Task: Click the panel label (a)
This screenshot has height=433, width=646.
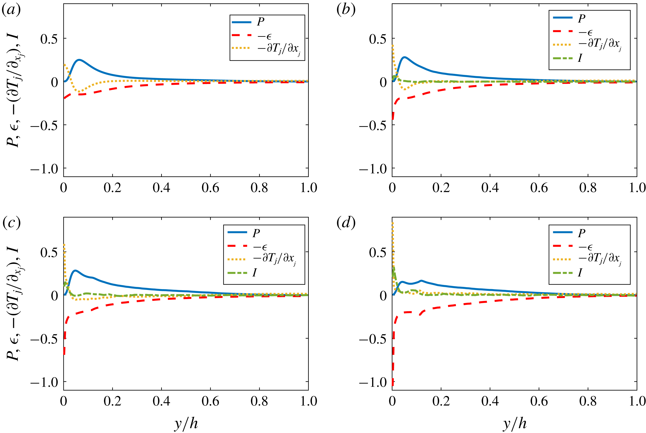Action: [11, 10]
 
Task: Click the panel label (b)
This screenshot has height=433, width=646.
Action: [346, 10]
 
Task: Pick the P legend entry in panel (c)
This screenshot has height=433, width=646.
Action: [256, 233]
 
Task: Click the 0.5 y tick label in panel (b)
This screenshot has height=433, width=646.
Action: [378, 39]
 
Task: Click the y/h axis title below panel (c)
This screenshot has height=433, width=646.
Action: [186, 423]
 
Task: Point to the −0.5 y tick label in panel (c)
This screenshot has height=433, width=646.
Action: [44, 339]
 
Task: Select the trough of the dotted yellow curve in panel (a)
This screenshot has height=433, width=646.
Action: [80, 91]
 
